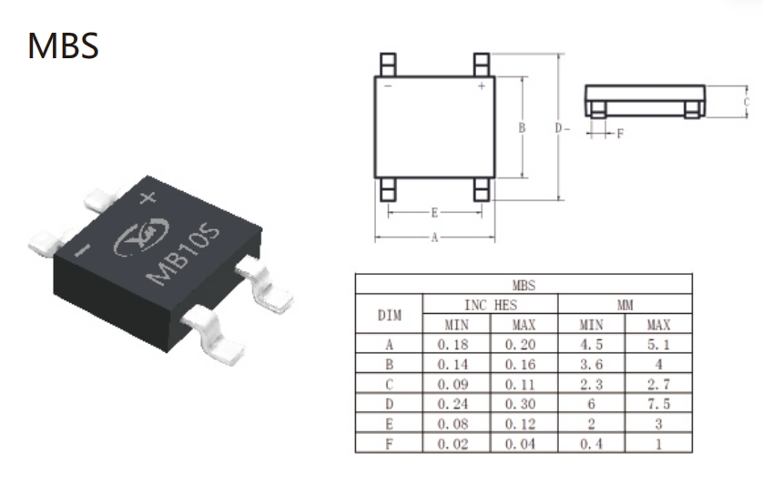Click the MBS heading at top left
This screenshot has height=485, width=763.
coord(63,45)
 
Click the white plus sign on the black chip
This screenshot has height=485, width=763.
coord(148,197)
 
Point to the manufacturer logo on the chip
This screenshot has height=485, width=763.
coord(142,236)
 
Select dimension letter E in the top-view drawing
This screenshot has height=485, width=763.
coord(434,213)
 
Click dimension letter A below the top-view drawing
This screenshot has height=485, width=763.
coord(434,237)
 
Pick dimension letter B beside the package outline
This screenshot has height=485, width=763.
coord(522,127)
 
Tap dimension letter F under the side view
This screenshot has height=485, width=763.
coord(620,133)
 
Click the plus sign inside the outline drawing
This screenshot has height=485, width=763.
coord(482,86)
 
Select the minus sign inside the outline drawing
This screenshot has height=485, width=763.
coord(388,86)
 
